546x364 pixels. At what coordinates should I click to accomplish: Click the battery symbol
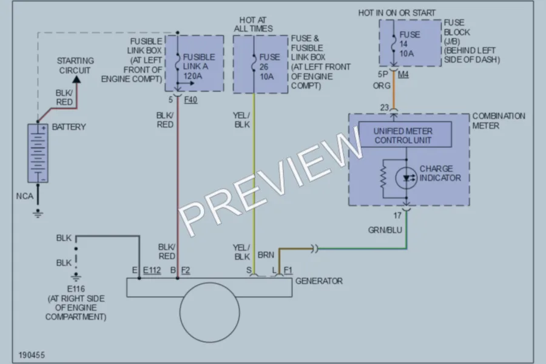click(x=38, y=153)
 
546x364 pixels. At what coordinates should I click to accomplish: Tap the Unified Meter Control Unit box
click(x=405, y=135)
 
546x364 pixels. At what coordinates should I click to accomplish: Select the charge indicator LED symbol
click(x=406, y=178)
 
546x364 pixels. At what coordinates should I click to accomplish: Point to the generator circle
click(x=210, y=312)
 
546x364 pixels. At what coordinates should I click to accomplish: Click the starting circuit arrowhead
click(x=76, y=79)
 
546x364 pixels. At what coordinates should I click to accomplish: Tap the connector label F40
click(x=190, y=100)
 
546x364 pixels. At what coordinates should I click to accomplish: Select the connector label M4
click(x=403, y=75)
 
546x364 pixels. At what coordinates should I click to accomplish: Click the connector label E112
click(x=152, y=271)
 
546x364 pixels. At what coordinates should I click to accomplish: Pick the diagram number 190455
click(x=32, y=355)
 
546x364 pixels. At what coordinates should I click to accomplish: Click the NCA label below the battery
click(x=25, y=196)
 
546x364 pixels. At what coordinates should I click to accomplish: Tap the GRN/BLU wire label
click(x=385, y=230)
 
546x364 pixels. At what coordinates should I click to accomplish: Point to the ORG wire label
click(x=382, y=86)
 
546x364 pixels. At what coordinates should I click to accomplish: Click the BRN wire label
click(x=266, y=255)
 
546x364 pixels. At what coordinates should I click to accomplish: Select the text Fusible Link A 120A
click(x=198, y=66)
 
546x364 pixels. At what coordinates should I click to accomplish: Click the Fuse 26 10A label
click(x=269, y=67)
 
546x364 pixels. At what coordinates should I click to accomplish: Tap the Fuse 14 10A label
click(x=409, y=44)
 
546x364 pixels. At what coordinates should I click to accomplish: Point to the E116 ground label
click(x=76, y=289)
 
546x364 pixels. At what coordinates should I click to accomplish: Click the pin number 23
click(x=385, y=107)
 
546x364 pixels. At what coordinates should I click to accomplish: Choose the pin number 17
click(x=397, y=215)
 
